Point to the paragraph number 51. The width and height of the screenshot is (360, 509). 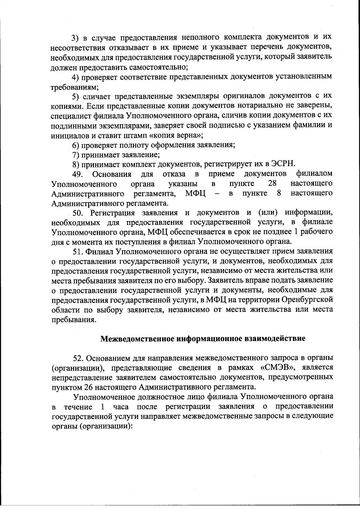[x=79, y=251]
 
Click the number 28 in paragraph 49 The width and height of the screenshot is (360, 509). [x=271, y=184]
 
